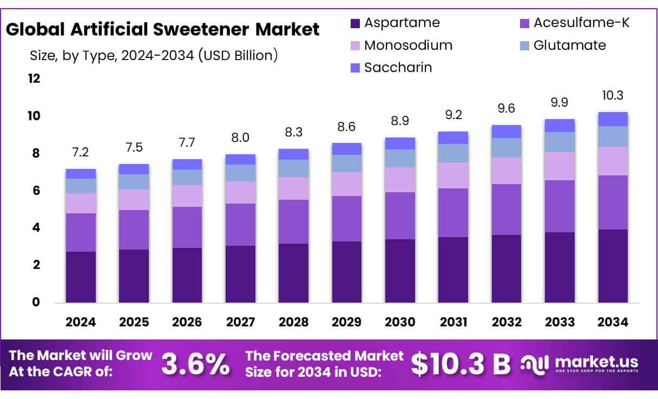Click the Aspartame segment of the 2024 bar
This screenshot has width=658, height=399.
click(81, 277)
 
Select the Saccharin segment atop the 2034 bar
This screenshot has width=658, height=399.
click(613, 119)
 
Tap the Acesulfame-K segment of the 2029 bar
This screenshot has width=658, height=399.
click(346, 219)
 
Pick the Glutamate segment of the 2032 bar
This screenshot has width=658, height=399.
click(506, 148)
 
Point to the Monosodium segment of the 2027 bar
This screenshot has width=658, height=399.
click(240, 192)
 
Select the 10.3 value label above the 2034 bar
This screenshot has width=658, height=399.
click(613, 95)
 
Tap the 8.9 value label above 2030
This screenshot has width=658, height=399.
click(400, 121)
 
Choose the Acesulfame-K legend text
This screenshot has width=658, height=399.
click(581, 23)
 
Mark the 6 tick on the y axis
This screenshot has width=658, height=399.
click(36, 191)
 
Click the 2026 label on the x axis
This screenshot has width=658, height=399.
click(187, 322)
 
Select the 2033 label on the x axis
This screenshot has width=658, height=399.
click(560, 322)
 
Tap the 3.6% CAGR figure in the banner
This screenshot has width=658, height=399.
click(195, 364)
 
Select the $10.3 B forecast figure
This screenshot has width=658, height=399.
click(460, 364)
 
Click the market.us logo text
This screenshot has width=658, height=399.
click(596, 362)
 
